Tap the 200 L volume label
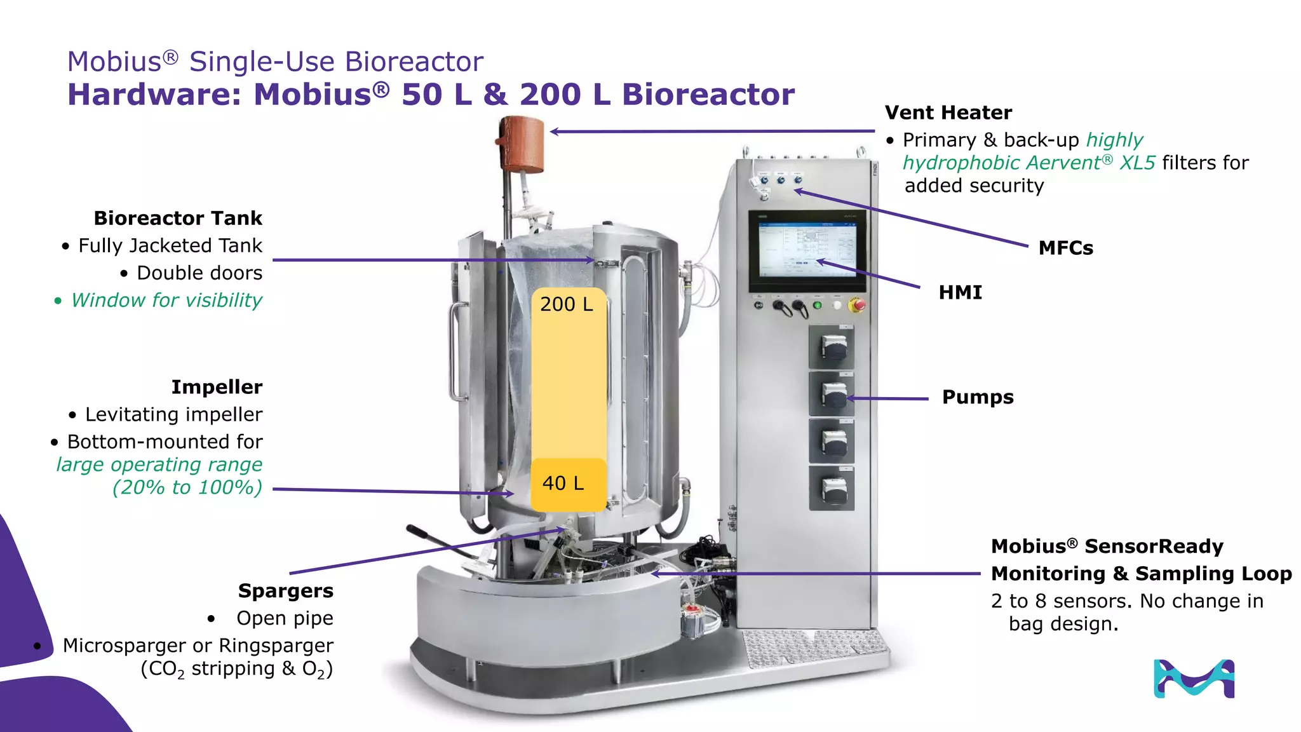[x=566, y=304]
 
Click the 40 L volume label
[x=563, y=484]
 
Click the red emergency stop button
[x=857, y=306]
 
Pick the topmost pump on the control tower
[x=832, y=348]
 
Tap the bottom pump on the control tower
[x=832, y=489]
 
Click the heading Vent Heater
[x=948, y=112]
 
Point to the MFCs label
[x=1065, y=248]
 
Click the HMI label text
[x=960, y=292]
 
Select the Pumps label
[x=977, y=397]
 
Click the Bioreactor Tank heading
[x=178, y=218]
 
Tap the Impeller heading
[x=217, y=387]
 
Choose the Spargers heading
[x=285, y=591]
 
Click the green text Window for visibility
[x=166, y=300]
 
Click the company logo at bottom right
[x=1193, y=679]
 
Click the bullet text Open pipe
[x=285, y=618]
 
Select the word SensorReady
[x=1153, y=546]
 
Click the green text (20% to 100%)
[x=187, y=487]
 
